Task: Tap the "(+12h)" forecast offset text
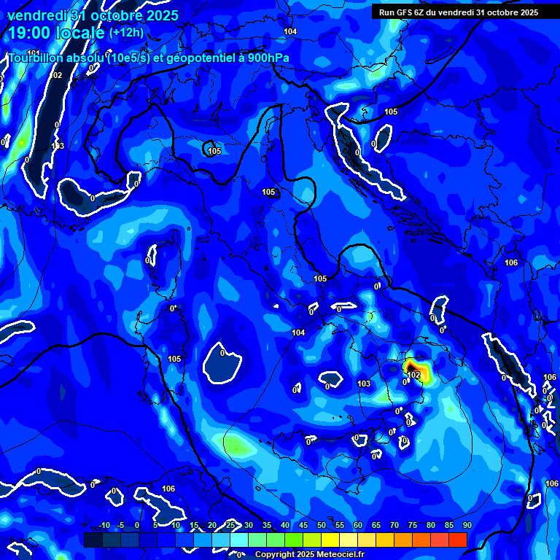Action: coord(127,32)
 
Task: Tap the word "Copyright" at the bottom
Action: coord(273,555)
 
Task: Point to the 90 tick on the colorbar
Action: coord(467,526)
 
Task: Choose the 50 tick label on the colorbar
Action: coord(322,526)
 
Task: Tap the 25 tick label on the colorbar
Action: coord(230,526)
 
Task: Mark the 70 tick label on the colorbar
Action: coord(394,526)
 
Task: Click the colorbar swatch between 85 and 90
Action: coord(458,540)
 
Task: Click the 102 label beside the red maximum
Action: coord(414,375)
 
